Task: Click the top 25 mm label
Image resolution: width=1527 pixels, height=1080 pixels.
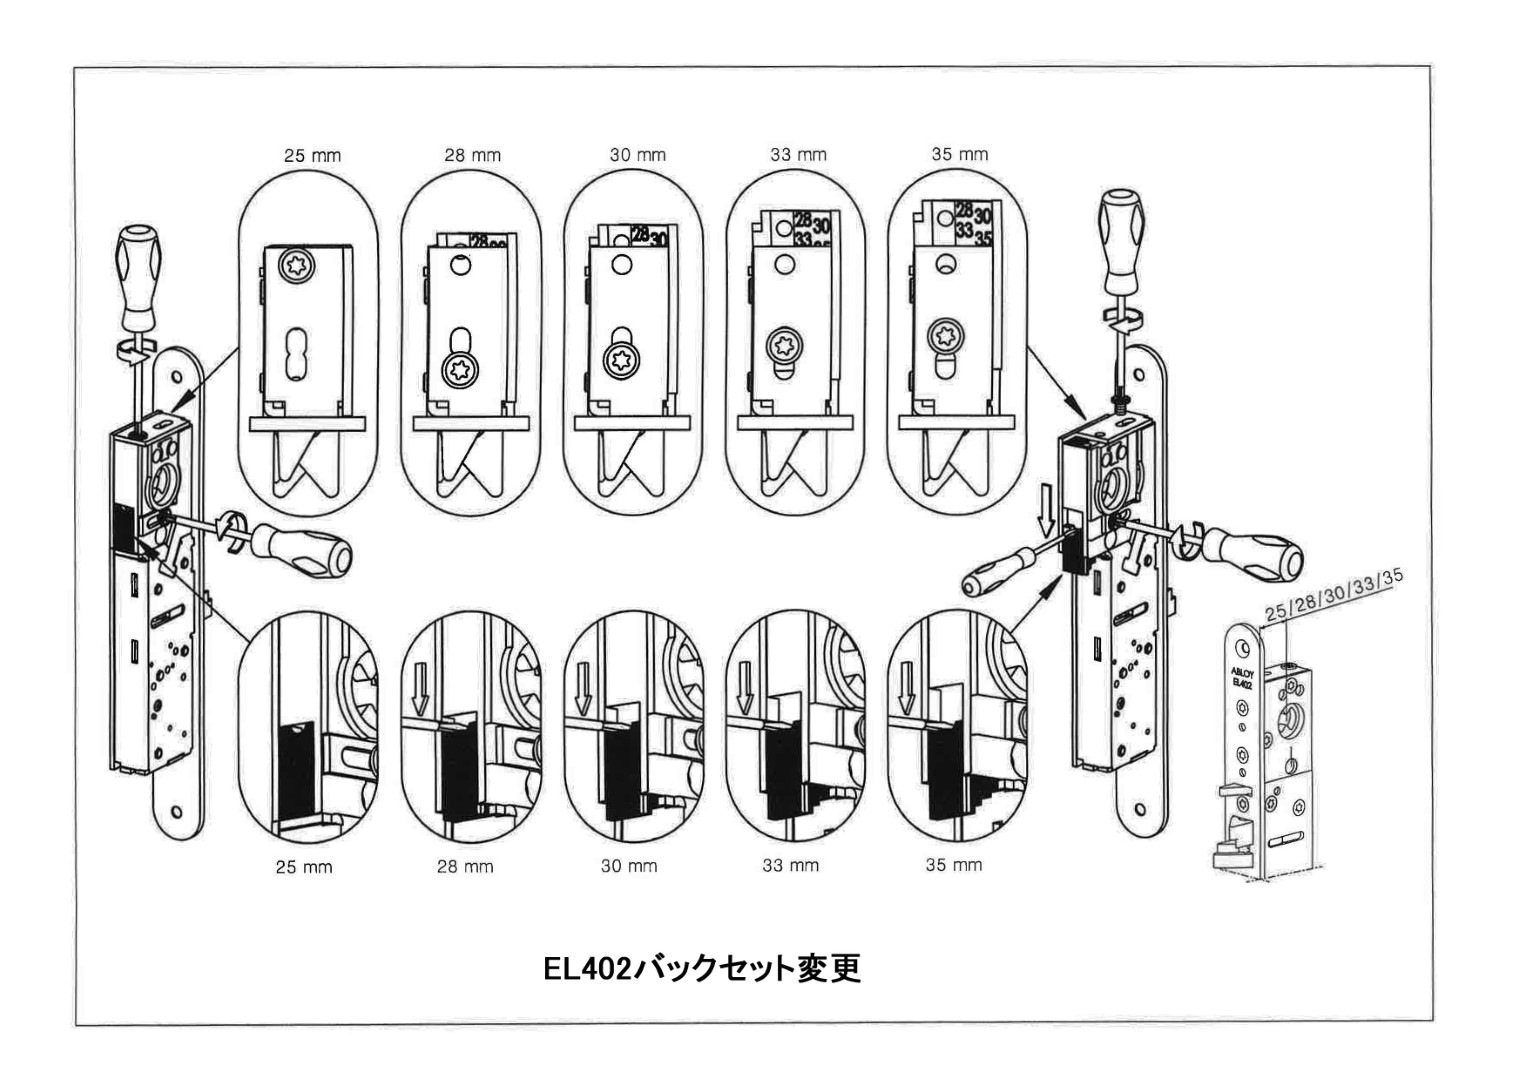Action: tap(312, 156)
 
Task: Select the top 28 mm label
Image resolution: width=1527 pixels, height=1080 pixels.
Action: tap(472, 156)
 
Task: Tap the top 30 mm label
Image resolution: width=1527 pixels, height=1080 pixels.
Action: tap(637, 155)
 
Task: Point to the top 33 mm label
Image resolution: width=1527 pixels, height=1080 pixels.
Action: tap(798, 155)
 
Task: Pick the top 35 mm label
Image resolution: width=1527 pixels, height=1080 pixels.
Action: tap(959, 155)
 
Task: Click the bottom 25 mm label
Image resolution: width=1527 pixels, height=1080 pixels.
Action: tap(304, 867)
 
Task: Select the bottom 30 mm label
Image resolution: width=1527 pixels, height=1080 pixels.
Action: tap(628, 866)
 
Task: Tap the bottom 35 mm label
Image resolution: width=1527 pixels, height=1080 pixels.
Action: tap(953, 865)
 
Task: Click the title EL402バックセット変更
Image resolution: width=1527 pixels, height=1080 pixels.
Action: tap(701, 969)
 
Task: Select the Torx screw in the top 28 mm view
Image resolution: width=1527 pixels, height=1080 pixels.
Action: tap(460, 369)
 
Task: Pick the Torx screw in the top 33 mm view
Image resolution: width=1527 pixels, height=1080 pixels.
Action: tap(783, 348)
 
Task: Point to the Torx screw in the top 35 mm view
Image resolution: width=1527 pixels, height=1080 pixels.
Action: tap(945, 335)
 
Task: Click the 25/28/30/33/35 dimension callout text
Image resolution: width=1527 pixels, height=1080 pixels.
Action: tap(1333, 597)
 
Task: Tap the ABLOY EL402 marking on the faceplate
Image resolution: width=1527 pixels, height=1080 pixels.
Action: tap(1241, 679)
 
